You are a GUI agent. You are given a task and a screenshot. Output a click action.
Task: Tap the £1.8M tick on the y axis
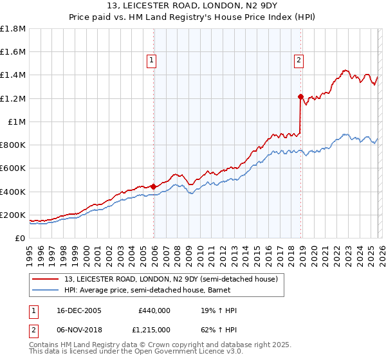(13, 29)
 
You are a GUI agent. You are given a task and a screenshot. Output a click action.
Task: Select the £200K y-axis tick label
(13, 215)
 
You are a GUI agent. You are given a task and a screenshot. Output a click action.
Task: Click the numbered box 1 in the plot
(151, 61)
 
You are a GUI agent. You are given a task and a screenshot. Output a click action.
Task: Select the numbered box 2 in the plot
(299, 61)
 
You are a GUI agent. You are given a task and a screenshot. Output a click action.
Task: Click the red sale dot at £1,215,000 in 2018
(300, 96)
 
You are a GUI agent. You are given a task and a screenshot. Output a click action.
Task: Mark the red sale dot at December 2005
(154, 186)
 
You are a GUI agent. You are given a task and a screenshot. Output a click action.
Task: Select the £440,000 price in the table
(154, 310)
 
